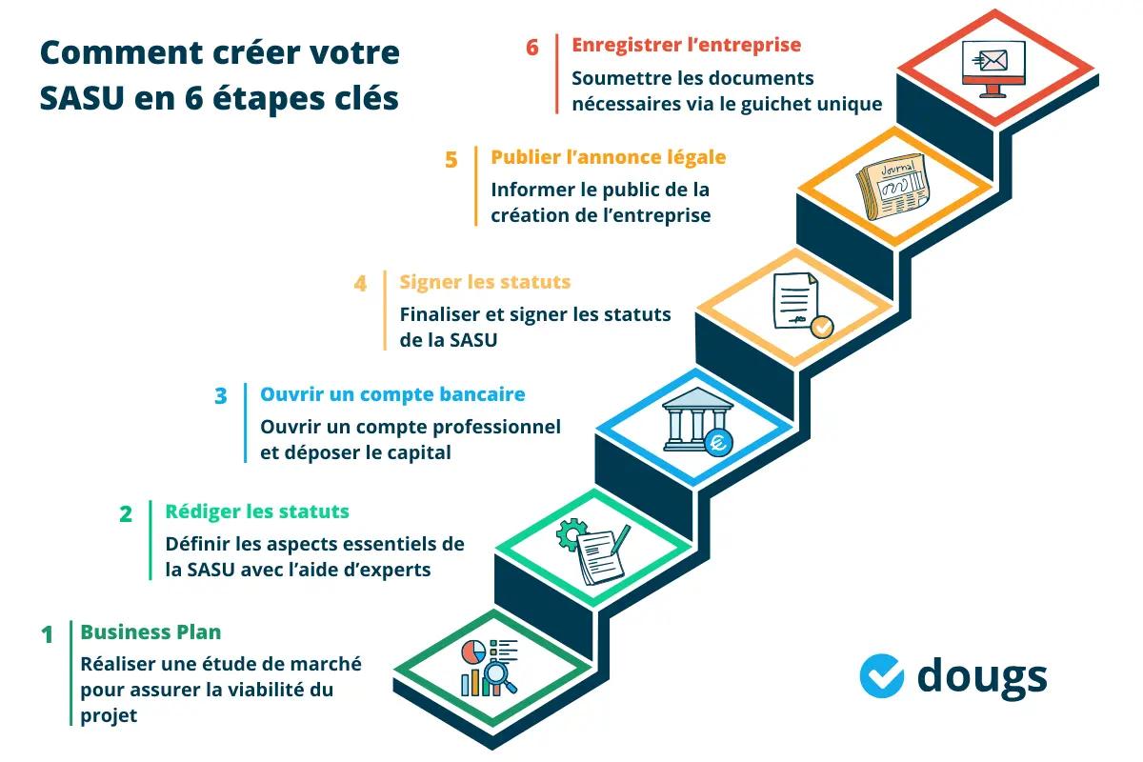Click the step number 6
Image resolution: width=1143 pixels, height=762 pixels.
pos(532,47)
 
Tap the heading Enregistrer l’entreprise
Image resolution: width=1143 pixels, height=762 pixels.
pos(686,45)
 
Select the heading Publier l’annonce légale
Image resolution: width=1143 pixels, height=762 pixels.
pos(608,157)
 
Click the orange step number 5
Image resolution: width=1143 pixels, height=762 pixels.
pos(451,159)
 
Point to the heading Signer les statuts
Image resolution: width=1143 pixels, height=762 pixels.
pos(485,282)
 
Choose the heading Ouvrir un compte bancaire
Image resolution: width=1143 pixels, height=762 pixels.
pos(392,394)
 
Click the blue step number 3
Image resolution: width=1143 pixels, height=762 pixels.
pos(221,395)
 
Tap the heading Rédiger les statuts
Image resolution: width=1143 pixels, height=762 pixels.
pos(257,511)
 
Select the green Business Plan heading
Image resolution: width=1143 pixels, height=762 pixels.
pos(150,632)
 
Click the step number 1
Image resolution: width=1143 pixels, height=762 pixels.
pos(47,634)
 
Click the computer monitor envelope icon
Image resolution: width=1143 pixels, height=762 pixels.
pos(993,66)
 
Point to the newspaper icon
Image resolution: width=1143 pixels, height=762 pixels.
pos(892,186)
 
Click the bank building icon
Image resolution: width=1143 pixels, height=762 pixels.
pos(692,419)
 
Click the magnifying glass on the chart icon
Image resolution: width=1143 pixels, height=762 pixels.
pos(498,676)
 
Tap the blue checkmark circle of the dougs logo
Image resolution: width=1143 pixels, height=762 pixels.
pos(881,675)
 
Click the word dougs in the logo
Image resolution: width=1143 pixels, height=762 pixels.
pos(981,677)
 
